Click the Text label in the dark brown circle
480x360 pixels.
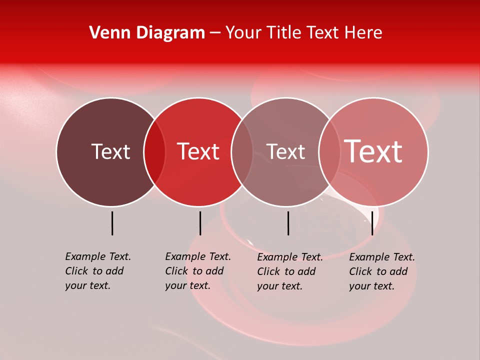click(x=110, y=151)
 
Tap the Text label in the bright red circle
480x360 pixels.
click(x=198, y=151)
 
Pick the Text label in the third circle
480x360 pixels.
click(x=285, y=151)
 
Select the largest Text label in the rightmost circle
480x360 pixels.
click(x=373, y=151)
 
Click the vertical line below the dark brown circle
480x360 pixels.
click(x=112, y=223)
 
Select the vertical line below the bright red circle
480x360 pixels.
click(x=200, y=223)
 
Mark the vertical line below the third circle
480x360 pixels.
click(x=288, y=223)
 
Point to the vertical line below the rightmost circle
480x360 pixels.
click(x=372, y=223)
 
